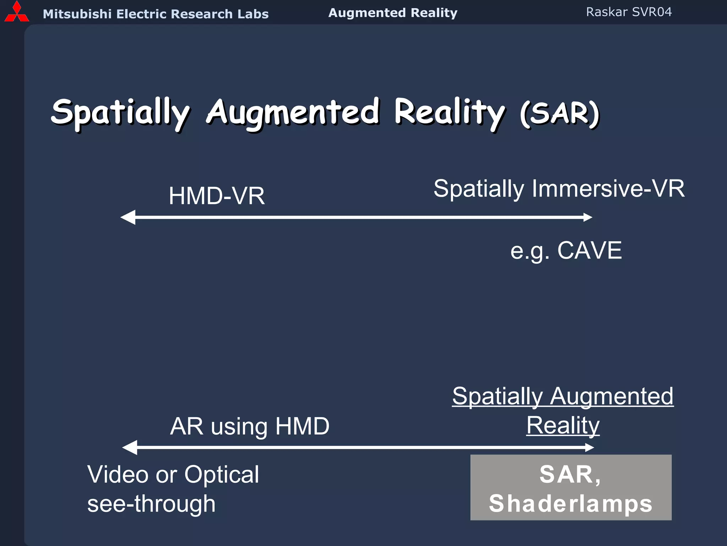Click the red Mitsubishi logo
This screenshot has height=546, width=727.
16,12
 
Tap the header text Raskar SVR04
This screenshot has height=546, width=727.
629,12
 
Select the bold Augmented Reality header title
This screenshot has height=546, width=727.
393,13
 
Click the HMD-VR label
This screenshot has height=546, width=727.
217,196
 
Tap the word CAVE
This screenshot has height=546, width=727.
589,251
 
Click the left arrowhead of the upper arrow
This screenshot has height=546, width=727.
128,217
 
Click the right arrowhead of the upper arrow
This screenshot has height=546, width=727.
587,217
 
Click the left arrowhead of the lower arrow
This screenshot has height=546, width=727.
130,448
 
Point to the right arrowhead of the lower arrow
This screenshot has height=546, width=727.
589,448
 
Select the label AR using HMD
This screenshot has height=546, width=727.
250,426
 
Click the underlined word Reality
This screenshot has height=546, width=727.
563,425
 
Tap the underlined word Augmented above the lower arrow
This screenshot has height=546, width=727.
611,396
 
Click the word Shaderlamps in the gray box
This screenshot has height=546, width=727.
570,504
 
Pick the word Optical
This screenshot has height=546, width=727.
222,475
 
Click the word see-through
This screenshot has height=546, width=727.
151,504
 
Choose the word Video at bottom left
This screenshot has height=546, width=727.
118,475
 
